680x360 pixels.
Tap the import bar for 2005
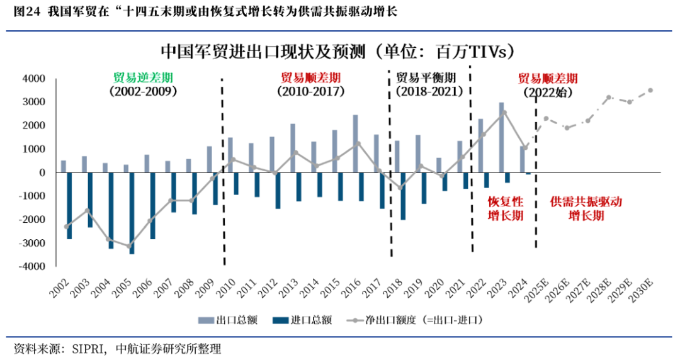(x=132, y=213)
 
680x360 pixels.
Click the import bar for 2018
(x=403, y=196)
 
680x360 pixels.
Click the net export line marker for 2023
(x=504, y=113)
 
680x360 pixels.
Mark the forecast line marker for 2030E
(x=650, y=90)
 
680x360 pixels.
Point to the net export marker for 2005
(x=129, y=246)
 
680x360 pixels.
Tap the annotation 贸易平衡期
(x=426, y=77)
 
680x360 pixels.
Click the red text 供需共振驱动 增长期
(x=586, y=209)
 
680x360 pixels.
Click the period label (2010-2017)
(x=310, y=91)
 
